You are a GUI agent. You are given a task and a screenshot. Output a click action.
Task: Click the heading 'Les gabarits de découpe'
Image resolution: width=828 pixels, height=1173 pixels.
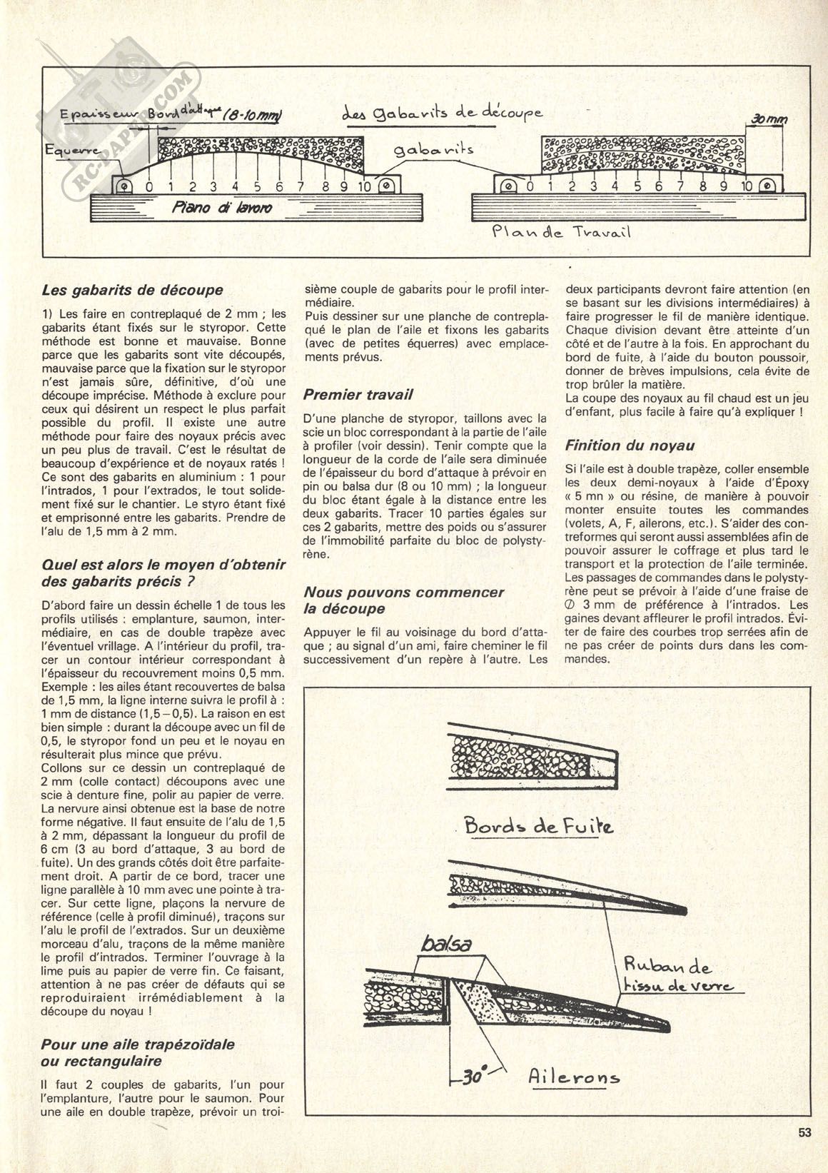pyautogui.click(x=133, y=290)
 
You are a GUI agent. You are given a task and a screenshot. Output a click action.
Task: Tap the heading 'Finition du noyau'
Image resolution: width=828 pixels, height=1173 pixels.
pyautogui.click(x=630, y=445)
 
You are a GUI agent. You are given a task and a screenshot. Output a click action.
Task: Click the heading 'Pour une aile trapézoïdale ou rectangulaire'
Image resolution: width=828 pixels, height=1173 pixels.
pyautogui.click(x=138, y=1051)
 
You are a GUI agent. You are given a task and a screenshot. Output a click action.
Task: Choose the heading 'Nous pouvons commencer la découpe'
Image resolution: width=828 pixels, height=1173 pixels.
pyautogui.click(x=403, y=600)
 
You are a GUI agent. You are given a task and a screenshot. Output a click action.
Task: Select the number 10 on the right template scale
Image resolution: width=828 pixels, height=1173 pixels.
pyautogui.click(x=747, y=186)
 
